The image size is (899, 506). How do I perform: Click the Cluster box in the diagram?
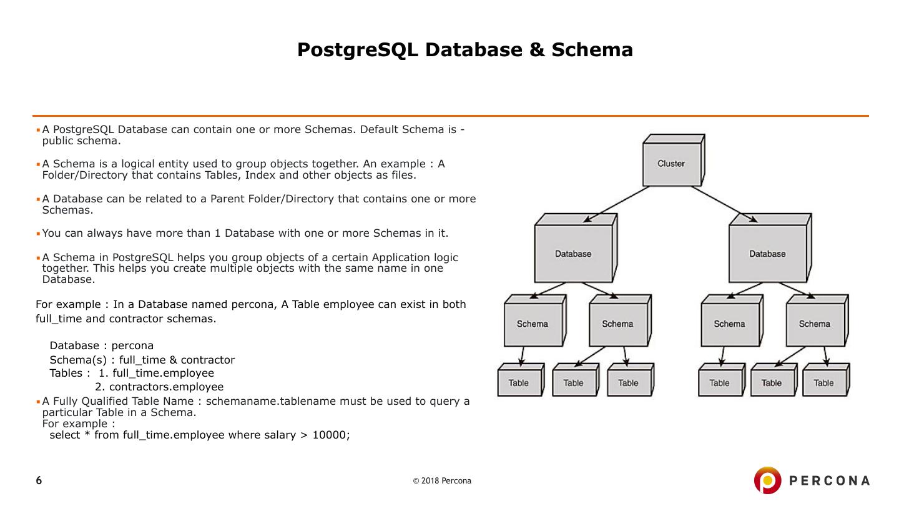pos(671,164)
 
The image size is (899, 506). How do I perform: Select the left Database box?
pos(573,254)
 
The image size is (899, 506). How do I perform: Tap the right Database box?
pos(767,254)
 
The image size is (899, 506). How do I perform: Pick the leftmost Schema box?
pos(533,324)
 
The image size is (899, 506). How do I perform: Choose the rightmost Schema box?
pos(814,324)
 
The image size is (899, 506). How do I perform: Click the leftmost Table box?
pos(518,383)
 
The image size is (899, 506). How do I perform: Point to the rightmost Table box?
pos(823,383)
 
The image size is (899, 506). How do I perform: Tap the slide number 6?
pos(39,480)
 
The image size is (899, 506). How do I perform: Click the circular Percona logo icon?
pos(767,480)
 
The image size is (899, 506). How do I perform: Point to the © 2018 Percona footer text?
pos(442,481)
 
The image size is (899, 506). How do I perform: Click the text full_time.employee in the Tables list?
pos(163,373)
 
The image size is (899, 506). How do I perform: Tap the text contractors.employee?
pos(166,387)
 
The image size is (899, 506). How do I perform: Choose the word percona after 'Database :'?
pos(132,345)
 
